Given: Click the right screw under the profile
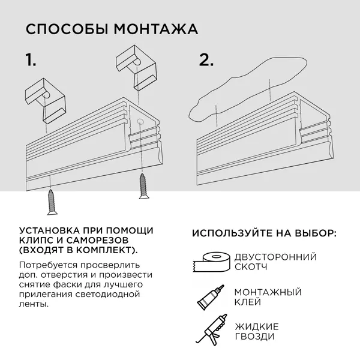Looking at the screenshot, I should (143, 186).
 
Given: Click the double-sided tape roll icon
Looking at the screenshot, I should (210, 262).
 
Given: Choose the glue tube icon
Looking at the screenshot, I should (209, 296).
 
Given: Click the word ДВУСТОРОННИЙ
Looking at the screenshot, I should (275, 257).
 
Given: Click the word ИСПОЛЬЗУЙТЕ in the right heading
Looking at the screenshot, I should (233, 233).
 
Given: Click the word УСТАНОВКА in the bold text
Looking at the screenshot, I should (50, 230).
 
